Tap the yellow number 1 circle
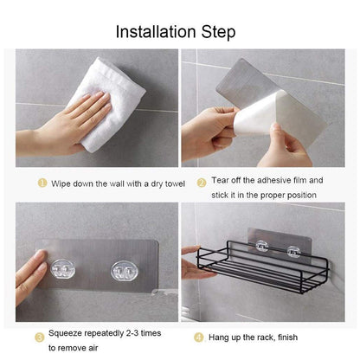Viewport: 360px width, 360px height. click(41, 183)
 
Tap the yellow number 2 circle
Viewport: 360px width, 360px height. click(202, 181)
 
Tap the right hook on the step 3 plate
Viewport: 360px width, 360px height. click(125, 273)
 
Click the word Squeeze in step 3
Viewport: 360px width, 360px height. click(67, 333)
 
